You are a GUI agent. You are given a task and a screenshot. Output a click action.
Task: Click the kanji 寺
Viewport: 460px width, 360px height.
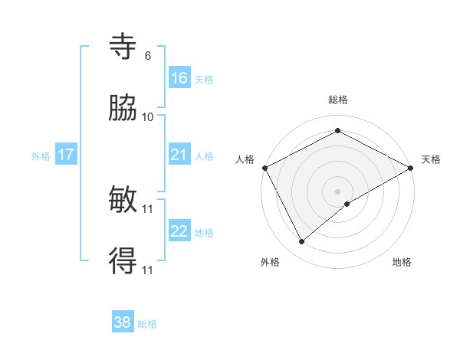click(x=123, y=47)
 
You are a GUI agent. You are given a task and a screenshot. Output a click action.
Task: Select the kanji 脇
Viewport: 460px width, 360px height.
click(x=123, y=109)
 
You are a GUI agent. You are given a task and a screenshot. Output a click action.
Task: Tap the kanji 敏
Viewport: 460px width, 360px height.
click(x=123, y=201)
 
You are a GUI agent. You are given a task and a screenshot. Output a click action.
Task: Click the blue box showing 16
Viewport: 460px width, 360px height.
click(x=179, y=78)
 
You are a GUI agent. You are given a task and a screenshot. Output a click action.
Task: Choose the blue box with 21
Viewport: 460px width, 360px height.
click(x=179, y=155)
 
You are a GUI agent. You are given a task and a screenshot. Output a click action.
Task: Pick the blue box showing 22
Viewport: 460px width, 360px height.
click(x=179, y=231)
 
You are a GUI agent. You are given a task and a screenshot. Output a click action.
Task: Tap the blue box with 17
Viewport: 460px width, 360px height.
click(x=66, y=155)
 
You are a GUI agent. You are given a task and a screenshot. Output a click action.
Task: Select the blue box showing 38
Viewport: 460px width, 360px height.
click(x=123, y=322)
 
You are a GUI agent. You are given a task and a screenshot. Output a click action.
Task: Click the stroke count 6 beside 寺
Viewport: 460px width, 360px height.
click(x=148, y=56)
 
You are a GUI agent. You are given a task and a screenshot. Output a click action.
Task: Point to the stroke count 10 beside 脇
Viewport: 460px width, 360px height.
click(x=148, y=117)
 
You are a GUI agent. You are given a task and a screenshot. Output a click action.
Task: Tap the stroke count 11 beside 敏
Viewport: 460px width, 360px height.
click(x=148, y=208)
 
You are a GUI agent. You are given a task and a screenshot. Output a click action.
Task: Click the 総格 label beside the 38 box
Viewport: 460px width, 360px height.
click(x=148, y=324)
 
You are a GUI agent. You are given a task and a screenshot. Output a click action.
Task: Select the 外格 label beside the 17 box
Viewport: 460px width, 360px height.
click(x=41, y=155)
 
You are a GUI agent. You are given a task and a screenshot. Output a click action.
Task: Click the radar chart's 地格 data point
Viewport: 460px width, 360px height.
click(x=348, y=204)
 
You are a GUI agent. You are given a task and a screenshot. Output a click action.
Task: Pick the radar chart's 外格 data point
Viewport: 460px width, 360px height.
click(x=302, y=242)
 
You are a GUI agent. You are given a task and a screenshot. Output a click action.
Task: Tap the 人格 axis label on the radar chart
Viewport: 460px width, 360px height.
click(x=245, y=159)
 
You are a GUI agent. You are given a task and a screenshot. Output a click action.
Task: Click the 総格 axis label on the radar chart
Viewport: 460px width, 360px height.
click(x=338, y=100)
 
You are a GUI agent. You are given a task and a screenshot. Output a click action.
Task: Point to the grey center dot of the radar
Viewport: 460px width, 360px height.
click(x=338, y=191)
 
